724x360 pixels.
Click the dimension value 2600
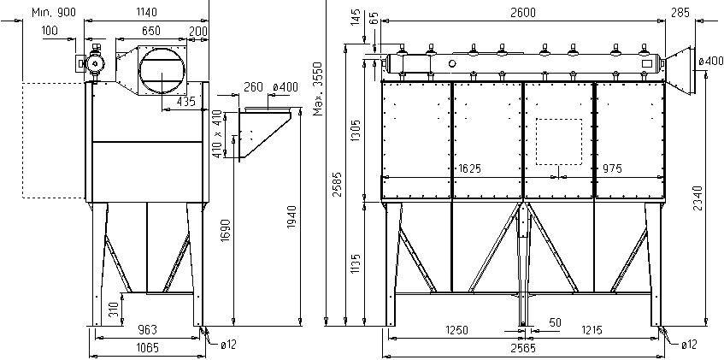click(x=523, y=13)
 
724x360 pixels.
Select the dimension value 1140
click(x=147, y=12)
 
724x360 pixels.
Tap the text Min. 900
click(x=54, y=12)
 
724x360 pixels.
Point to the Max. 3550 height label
click(x=318, y=89)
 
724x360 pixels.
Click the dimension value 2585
click(x=338, y=185)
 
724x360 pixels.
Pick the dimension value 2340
click(x=698, y=198)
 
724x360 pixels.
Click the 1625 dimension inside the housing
click(x=469, y=168)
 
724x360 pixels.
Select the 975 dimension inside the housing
click(x=612, y=168)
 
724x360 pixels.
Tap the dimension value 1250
click(x=456, y=330)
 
